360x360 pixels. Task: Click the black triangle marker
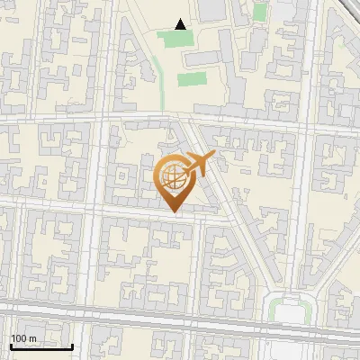click(181, 24)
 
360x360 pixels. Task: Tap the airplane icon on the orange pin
click(199, 163)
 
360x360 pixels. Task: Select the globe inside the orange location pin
click(173, 177)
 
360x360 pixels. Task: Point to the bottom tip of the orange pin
click(174, 211)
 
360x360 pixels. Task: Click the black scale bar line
click(40, 346)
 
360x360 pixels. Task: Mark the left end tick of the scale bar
click(10, 345)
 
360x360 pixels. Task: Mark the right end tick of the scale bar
click(72, 345)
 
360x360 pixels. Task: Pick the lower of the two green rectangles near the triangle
click(191, 79)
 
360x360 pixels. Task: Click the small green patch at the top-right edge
click(259, 12)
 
